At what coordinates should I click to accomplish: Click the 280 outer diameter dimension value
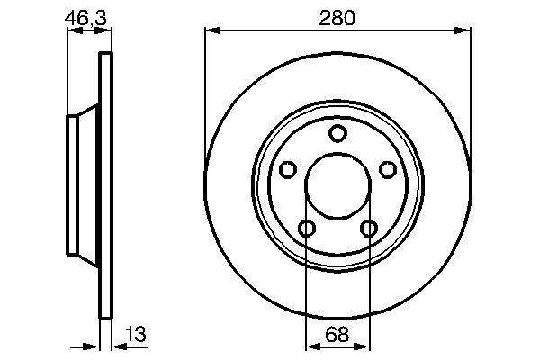click(337, 17)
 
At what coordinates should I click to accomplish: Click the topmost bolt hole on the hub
click(337, 134)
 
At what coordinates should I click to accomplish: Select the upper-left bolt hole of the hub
click(287, 170)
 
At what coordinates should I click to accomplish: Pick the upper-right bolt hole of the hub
click(388, 170)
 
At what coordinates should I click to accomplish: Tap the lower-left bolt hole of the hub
click(307, 229)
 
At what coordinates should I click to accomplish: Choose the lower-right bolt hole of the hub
click(368, 229)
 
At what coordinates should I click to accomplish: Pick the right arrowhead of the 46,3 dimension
click(108, 31)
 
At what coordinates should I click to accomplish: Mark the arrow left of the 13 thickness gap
click(92, 345)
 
